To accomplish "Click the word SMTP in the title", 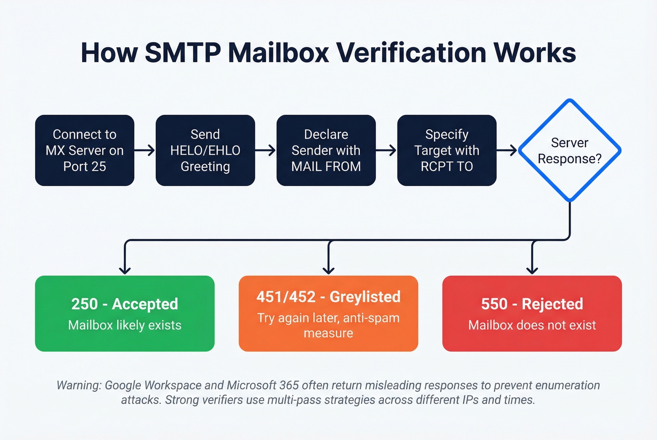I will click(183, 52).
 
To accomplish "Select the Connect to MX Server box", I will click(84, 150).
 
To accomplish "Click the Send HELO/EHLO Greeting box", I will click(205, 150).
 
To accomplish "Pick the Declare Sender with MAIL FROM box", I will click(326, 150).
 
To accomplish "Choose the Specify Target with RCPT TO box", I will click(446, 150).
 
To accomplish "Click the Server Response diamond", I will click(569, 150).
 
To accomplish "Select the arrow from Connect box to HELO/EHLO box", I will click(145, 150).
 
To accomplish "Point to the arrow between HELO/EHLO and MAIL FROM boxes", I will click(266, 150).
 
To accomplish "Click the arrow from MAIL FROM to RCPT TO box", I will click(386, 150).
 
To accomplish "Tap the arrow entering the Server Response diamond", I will click(507, 150).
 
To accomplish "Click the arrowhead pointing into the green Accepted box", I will click(125, 270).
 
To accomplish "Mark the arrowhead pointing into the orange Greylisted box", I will click(328, 270).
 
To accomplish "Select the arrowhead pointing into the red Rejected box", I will click(532, 270).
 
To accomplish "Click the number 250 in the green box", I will click(84, 304).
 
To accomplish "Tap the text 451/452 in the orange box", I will click(286, 297).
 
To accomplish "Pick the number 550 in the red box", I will click(494, 304).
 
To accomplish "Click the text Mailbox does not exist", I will click(532, 325).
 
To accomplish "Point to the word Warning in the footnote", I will click(79, 385).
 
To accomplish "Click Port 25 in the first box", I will click(84, 166).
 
